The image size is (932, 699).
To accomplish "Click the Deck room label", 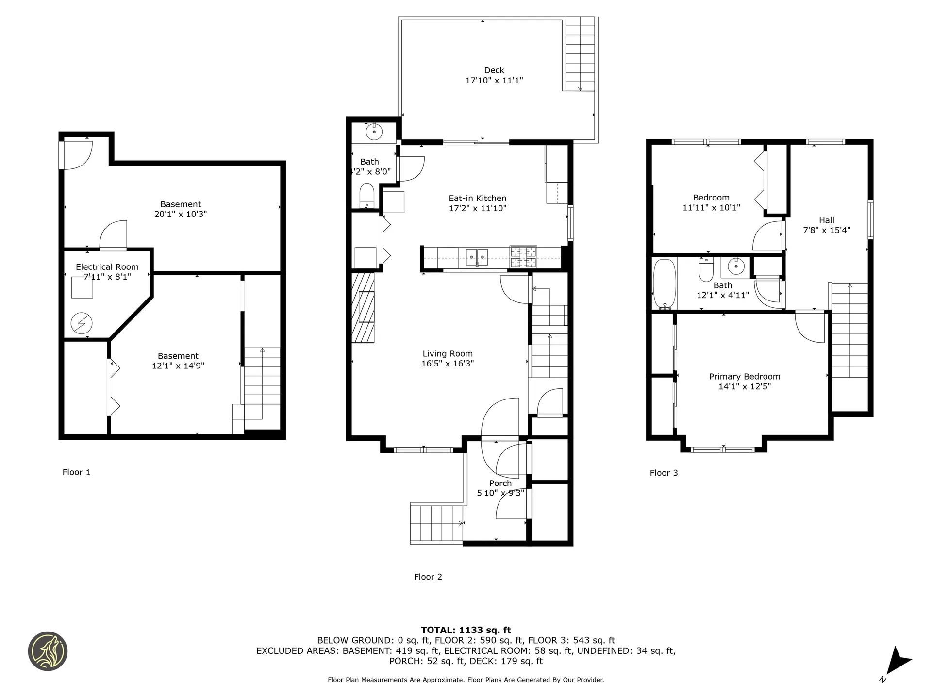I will (494, 70).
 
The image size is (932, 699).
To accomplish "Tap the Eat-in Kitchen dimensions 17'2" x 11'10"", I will (478, 208).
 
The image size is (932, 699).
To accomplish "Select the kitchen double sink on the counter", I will (477, 257).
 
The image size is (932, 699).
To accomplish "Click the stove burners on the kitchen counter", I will (523, 257).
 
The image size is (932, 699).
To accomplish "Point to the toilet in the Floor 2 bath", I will (366, 195).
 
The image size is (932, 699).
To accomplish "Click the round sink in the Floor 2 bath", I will (374, 132).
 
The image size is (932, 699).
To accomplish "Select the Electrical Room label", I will (107, 267).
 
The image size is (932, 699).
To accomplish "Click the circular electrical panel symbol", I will (81, 323).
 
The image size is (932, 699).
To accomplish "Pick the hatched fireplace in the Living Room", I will (363, 307).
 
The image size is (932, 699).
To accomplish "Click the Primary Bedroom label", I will (744, 377).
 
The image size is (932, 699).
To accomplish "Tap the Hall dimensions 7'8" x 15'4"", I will (826, 230).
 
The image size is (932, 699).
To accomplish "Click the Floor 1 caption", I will (76, 472).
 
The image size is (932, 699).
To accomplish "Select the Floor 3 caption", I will (664, 473).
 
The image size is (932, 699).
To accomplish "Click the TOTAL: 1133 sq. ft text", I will (466, 630).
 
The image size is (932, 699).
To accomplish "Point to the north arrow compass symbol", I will (898, 662).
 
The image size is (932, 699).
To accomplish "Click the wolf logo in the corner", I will (48, 651).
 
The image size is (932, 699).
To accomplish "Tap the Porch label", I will (500, 483).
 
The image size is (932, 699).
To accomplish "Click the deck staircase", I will (580, 53).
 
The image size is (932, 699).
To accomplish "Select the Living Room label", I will (447, 354).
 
